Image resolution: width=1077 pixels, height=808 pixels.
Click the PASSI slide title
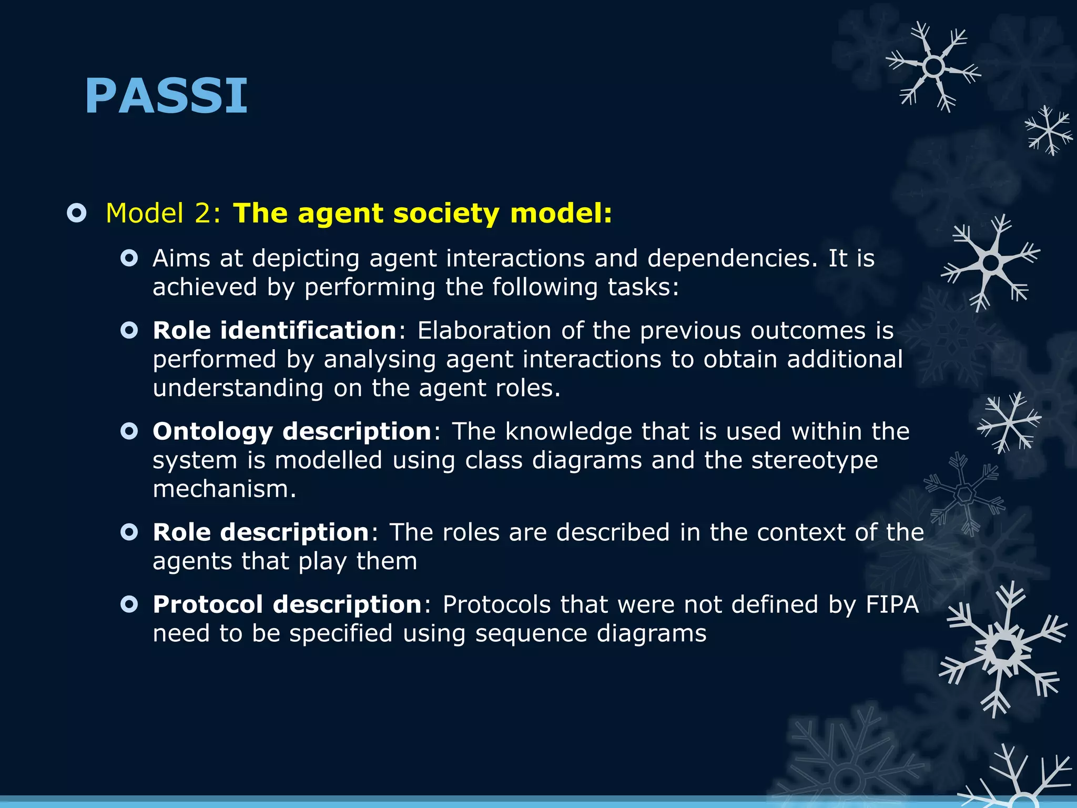pyautogui.click(x=166, y=96)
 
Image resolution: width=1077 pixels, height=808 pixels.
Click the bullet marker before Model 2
pyautogui.click(x=77, y=214)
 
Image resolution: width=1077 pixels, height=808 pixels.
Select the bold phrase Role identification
pyautogui.click(x=275, y=331)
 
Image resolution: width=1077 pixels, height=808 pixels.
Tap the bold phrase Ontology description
pyautogui.click(x=292, y=432)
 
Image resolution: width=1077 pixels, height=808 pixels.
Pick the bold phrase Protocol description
pyautogui.click(x=287, y=605)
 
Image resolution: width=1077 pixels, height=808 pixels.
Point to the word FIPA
pyautogui.click(x=892, y=605)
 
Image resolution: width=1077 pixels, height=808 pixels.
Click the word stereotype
pyautogui.click(x=814, y=461)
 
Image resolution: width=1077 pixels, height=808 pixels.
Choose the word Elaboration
pyautogui.click(x=484, y=331)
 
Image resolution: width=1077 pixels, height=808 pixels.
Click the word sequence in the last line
pyautogui.click(x=531, y=634)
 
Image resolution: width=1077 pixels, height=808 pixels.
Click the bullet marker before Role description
pyautogui.click(x=129, y=532)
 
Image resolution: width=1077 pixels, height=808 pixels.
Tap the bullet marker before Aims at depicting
pyautogui.click(x=129, y=258)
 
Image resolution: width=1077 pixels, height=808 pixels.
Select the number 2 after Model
pyautogui.click(x=202, y=214)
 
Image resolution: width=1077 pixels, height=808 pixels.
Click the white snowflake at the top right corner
pyautogui.click(x=933, y=67)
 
